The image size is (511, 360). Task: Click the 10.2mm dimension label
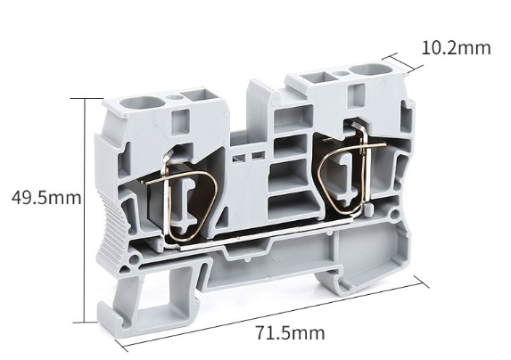[456, 48]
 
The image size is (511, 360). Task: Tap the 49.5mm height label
[46, 198]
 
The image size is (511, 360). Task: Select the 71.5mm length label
[290, 333]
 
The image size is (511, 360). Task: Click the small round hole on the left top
[173, 96]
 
